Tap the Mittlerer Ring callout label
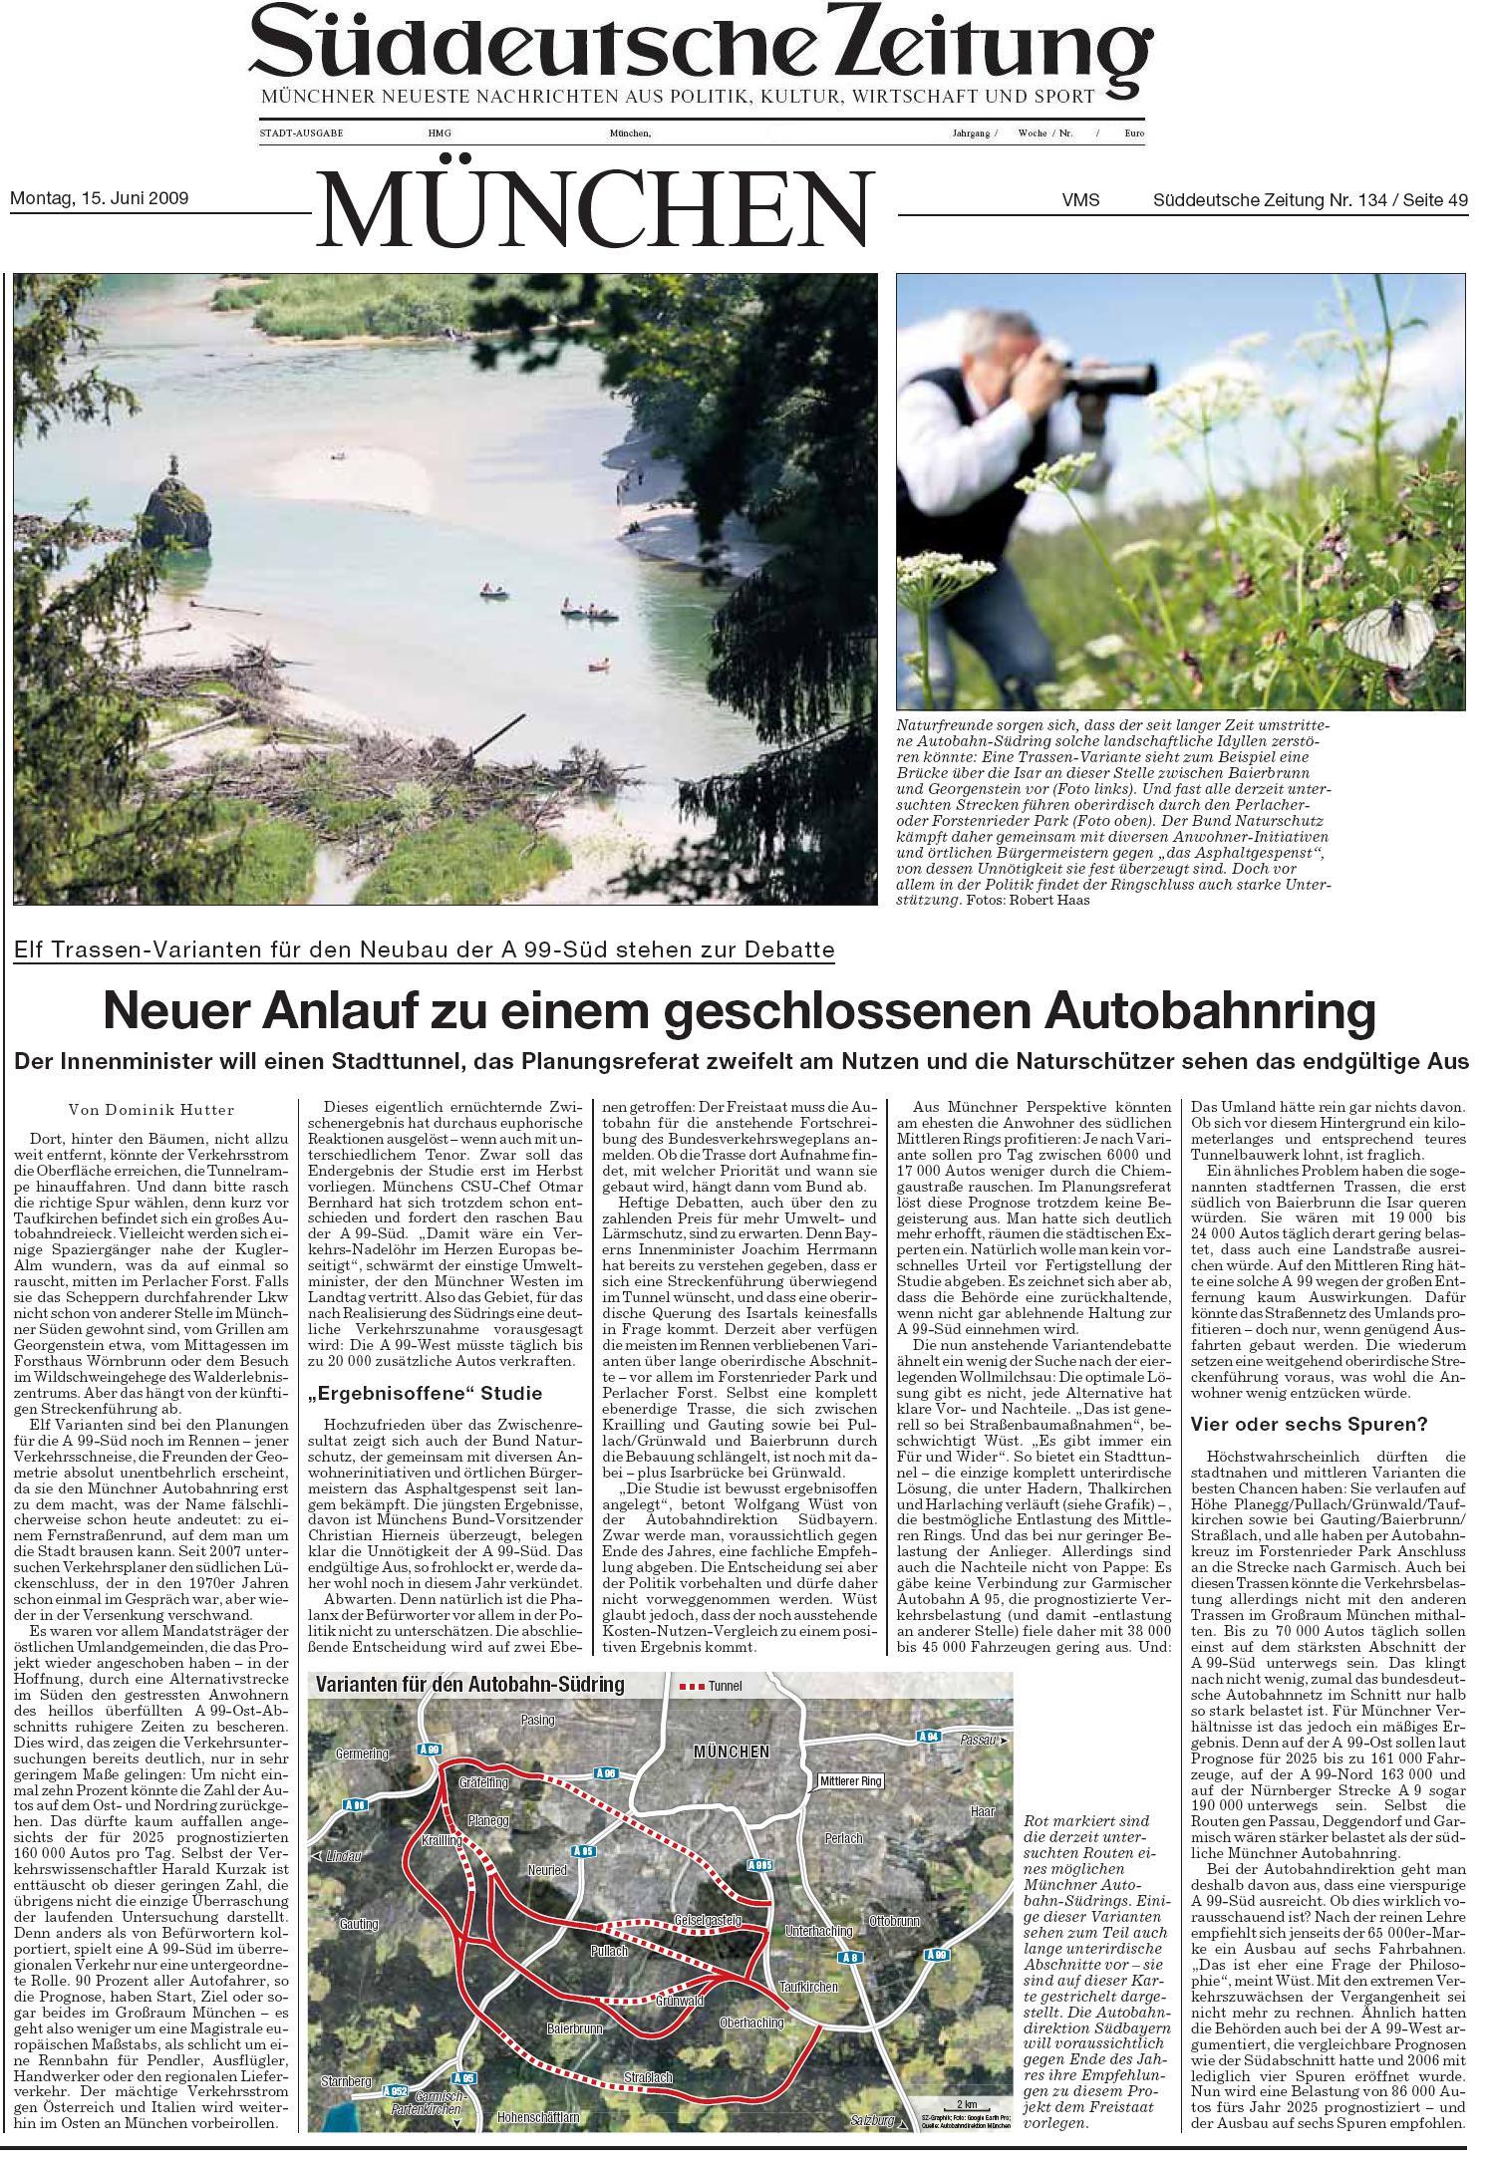850,1780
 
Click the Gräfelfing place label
483,1781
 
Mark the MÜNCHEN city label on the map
732,1752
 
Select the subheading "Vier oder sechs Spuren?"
1309,1425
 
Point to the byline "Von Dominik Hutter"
151,1110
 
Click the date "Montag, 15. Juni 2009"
99,198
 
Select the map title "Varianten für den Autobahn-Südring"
469,1685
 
